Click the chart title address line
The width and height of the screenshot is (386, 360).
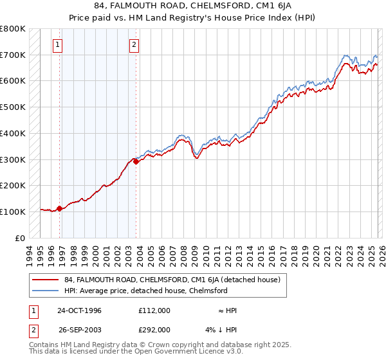(193, 6)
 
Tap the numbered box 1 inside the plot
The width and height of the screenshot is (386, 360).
(58, 45)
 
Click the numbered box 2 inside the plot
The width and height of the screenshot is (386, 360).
(134, 45)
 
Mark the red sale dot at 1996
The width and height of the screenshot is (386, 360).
(60, 208)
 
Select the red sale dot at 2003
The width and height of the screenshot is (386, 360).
(136, 161)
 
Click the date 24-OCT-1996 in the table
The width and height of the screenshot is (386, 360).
(79, 310)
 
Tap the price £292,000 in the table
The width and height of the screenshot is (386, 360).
(154, 330)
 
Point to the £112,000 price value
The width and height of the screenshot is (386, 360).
(154, 310)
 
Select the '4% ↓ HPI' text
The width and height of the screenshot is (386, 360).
(221, 330)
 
